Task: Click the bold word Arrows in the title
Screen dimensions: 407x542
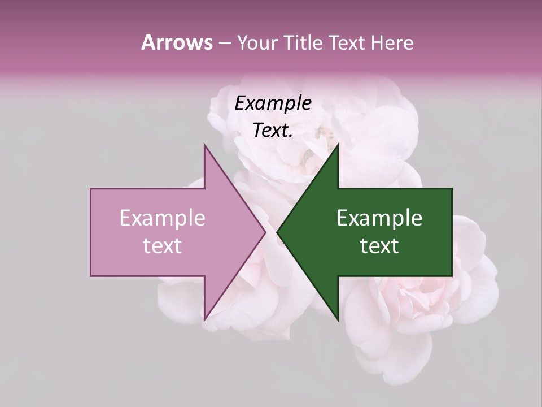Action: click(176, 42)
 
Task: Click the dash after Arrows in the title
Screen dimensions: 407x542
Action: click(224, 44)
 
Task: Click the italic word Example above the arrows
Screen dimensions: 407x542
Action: click(273, 103)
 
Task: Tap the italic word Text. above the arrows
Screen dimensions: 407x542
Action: click(273, 130)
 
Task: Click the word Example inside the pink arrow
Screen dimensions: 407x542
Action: click(163, 218)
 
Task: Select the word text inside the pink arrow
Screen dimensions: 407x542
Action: click(163, 246)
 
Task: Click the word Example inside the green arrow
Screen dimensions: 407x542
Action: click(379, 218)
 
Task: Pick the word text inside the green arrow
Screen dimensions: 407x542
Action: click(379, 246)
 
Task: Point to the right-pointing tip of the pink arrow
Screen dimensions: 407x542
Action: click(265, 232)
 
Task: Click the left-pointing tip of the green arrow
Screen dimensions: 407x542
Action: click(277, 232)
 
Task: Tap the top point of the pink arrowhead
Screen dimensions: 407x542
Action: click(204, 144)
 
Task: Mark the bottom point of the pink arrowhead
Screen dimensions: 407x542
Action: click(204, 320)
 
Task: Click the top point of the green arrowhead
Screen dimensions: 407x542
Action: click(338, 144)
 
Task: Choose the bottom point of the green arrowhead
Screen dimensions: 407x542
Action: click(338, 320)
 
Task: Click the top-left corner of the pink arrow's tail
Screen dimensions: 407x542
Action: click(91, 188)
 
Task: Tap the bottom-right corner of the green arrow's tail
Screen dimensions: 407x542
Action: click(452, 276)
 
